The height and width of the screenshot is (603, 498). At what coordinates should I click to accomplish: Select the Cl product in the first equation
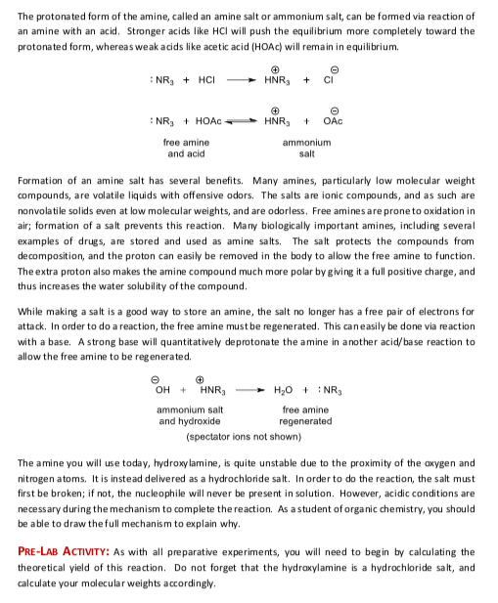(x=340, y=79)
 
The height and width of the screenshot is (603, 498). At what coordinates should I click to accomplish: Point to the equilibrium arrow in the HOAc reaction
(x=246, y=122)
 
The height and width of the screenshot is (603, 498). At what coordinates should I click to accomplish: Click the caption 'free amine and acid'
(x=186, y=149)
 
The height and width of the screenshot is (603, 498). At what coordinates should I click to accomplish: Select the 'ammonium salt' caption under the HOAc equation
(x=306, y=149)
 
